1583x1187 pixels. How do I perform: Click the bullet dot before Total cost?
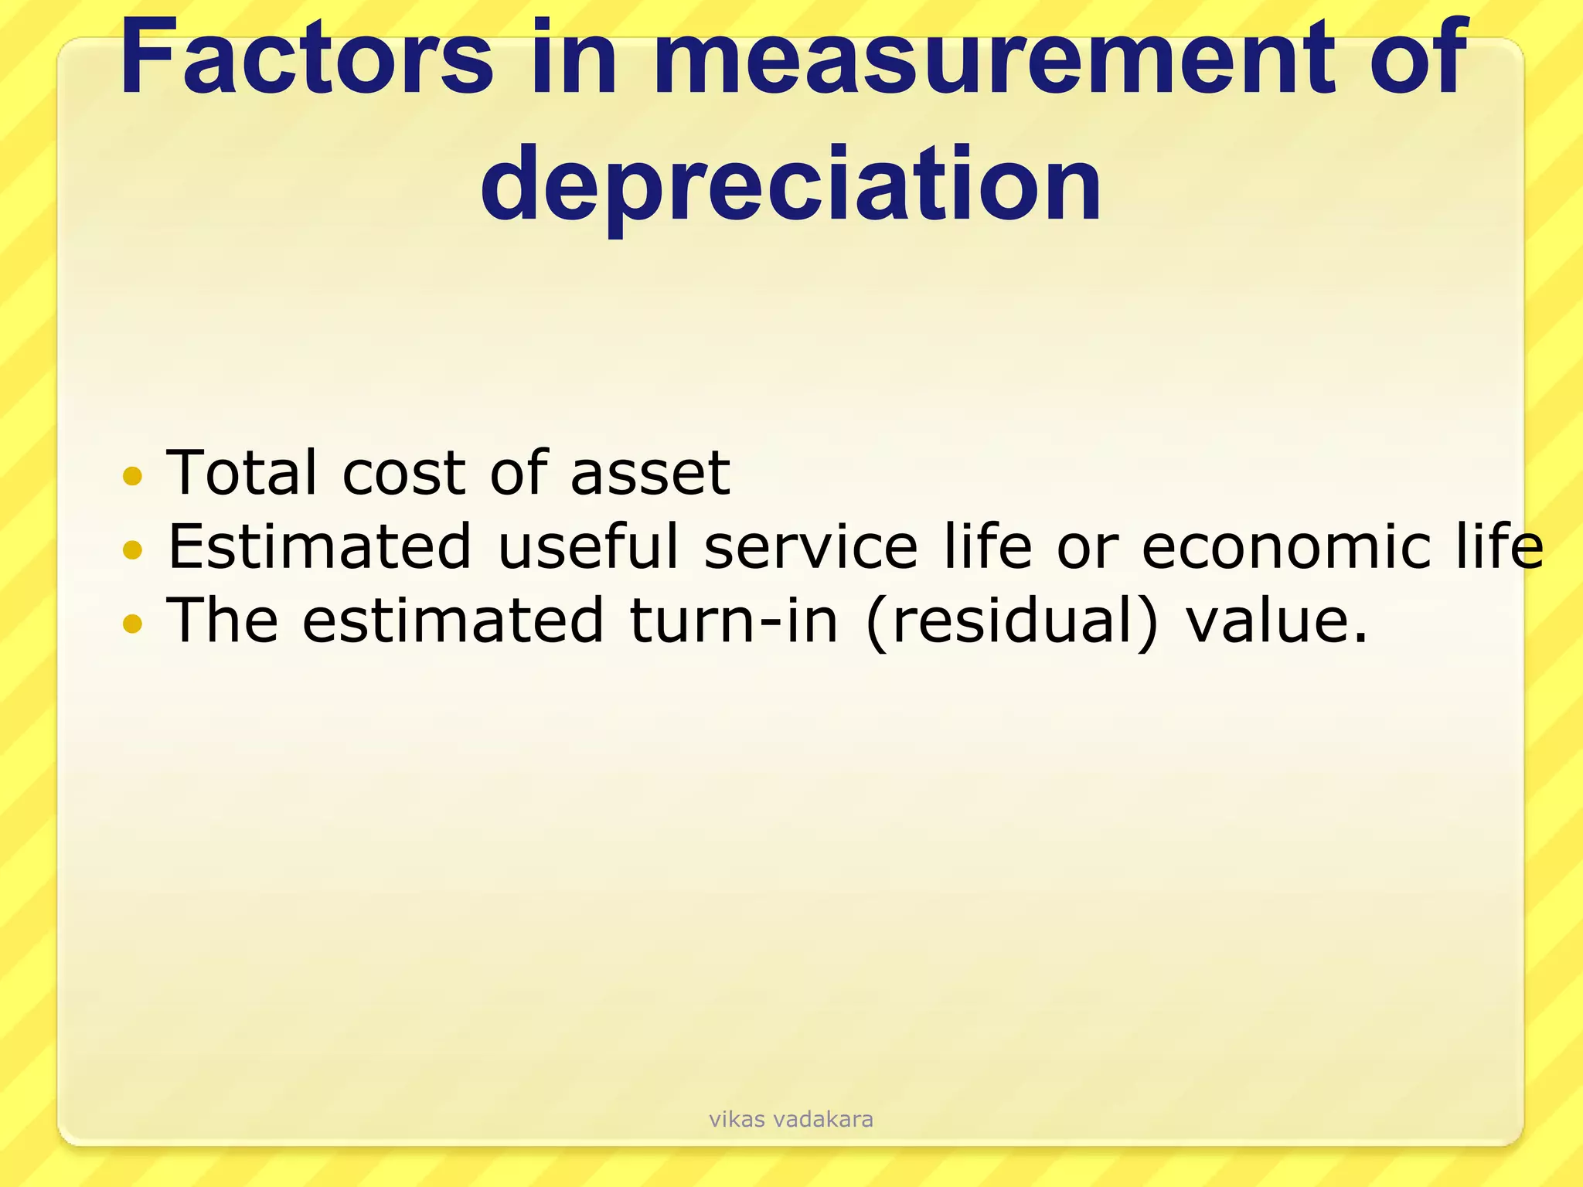(133, 475)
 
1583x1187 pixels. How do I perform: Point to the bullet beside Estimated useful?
(133, 549)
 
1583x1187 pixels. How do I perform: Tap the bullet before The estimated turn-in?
(133, 623)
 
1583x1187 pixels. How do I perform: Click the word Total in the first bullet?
(242, 472)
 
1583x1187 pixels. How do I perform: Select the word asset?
(650, 474)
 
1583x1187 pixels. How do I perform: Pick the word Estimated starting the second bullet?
(319, 546)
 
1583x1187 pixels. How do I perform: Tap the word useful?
(588, 546)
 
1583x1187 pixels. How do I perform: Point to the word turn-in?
(734, 621)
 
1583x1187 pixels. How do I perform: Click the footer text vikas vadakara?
(791, 1119)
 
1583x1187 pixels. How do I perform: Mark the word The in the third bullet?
(223, 620)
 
